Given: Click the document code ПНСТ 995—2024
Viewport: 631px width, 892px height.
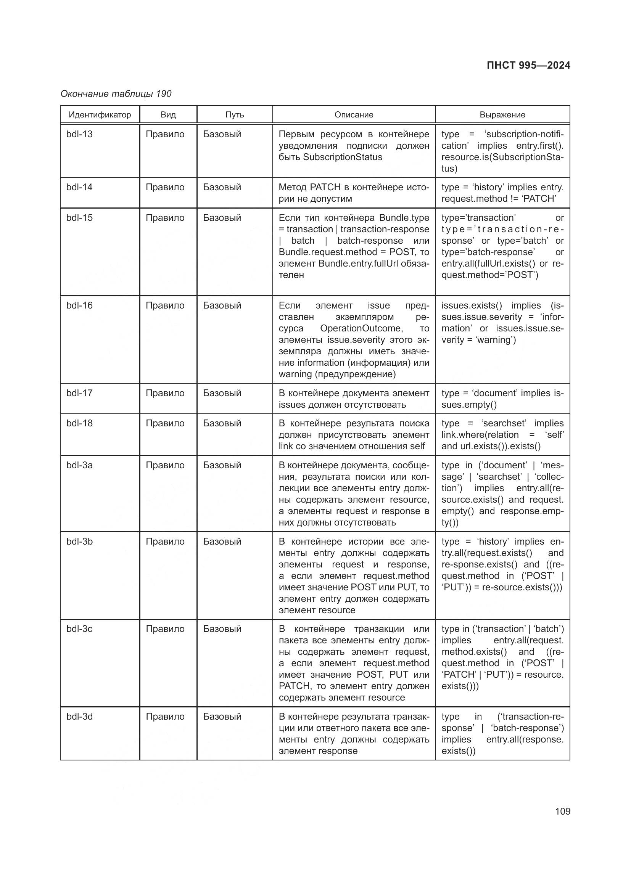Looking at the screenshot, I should pyautogui.click(x=528, y=65).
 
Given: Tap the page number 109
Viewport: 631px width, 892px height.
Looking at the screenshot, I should pyautogui.click(x=562, y=811).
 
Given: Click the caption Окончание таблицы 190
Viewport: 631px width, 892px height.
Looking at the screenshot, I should pyautogui.click(x=116, y=94).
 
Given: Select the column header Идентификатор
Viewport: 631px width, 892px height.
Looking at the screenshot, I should pyautogui.click(x=100, y=115).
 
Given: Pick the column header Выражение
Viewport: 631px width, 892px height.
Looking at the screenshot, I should pyautogui.click(x=502, y=115).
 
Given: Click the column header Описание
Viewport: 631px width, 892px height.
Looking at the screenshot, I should pyautogui.click(x=354, y=115).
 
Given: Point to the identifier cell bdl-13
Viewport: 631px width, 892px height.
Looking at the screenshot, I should pyautogui.click(x=80, y=134).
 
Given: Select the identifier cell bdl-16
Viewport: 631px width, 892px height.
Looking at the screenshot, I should pyautogui.click(x=80, y=305).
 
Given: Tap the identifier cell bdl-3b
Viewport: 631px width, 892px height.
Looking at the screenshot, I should pyautogui.click(x=80, y=542).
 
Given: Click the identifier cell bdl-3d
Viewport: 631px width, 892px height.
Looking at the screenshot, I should pyautogui.click(x=80, y=717).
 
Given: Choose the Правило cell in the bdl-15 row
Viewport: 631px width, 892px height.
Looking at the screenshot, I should pyautogui.click(x=165, y=218).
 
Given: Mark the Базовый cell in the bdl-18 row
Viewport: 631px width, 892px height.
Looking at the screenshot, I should pyautogui.click(x=222, y=423).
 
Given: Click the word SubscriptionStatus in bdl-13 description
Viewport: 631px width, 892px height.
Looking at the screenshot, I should pyautogui.click(x=342, y=158).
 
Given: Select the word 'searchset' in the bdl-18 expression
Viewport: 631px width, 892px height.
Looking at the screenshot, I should pyautogui.click(x=504, y=423).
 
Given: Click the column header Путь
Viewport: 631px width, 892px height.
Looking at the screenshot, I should pyautogui.click(x=235, y=115).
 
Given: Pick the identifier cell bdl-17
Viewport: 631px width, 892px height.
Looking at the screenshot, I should pyautogui.click(x=80, y=393).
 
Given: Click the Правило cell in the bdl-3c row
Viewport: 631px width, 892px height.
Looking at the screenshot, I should pyautogui.click(x=165, y=629).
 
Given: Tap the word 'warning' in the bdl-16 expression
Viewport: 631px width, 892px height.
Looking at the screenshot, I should pyautogui.click(x=496, y=340).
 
